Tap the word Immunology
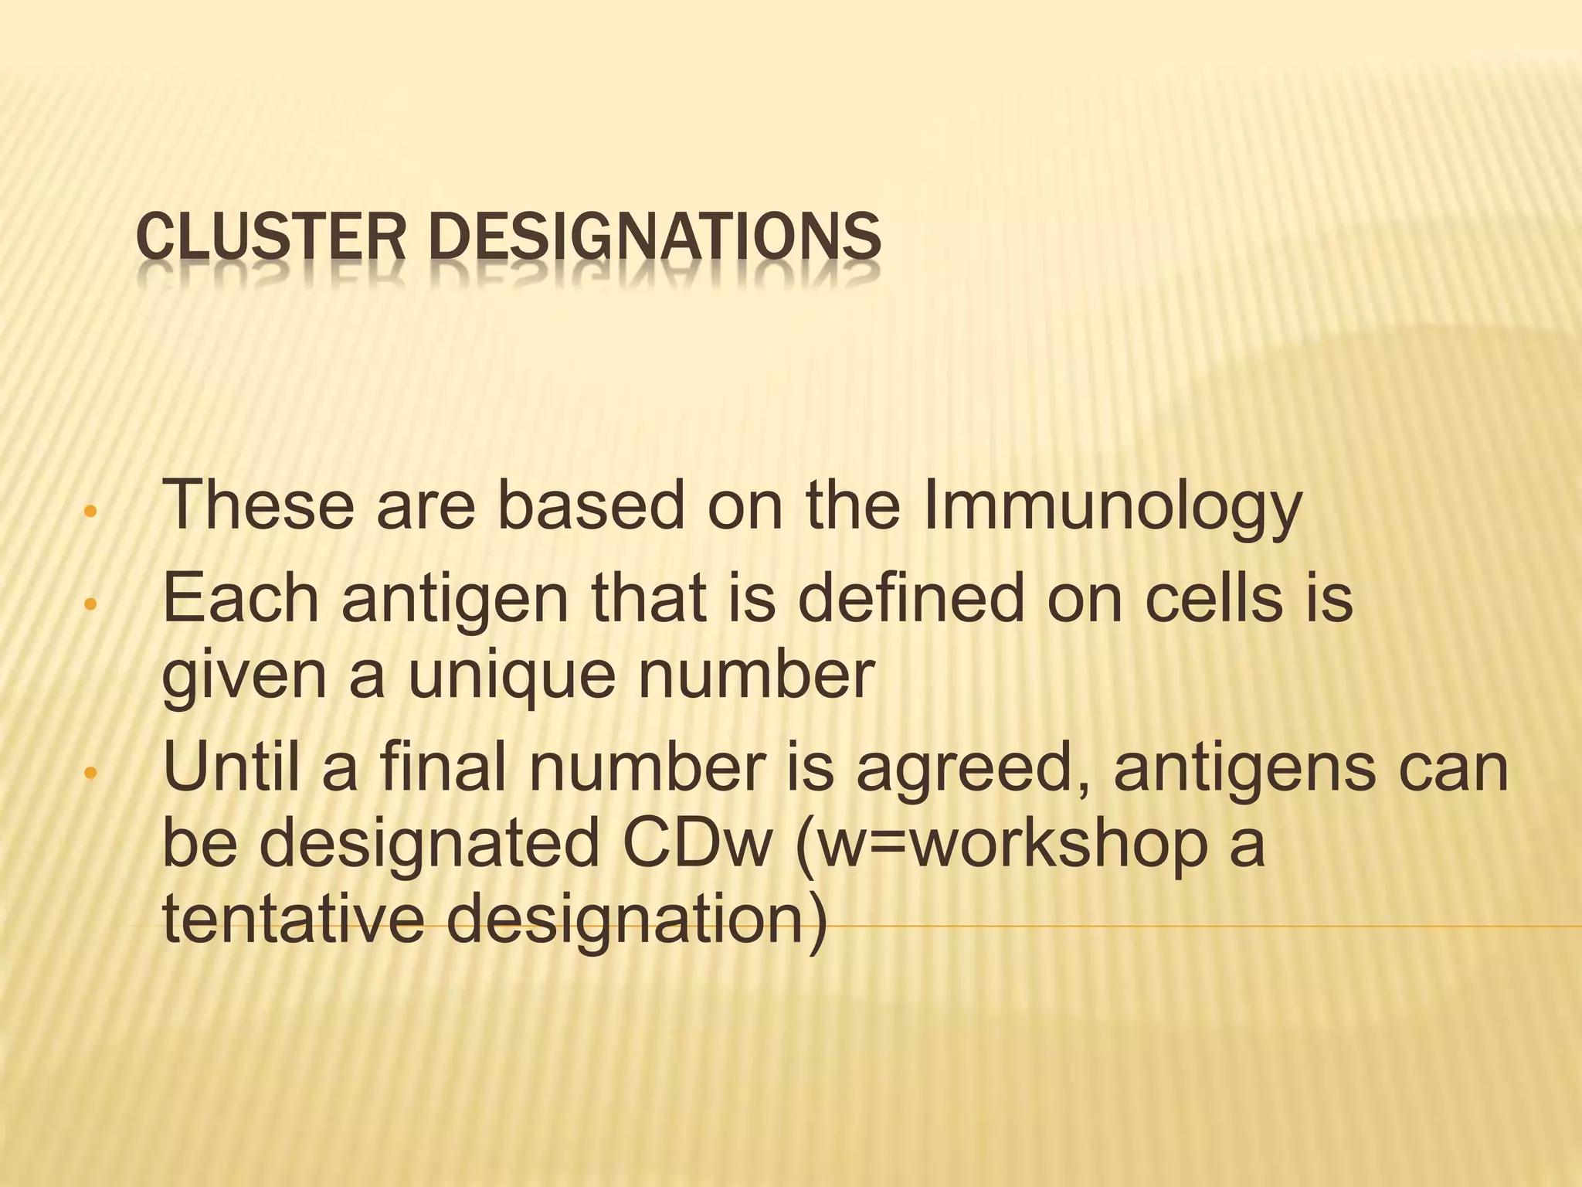[x=1112, y=506]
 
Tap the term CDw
[x=697, y=844]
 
